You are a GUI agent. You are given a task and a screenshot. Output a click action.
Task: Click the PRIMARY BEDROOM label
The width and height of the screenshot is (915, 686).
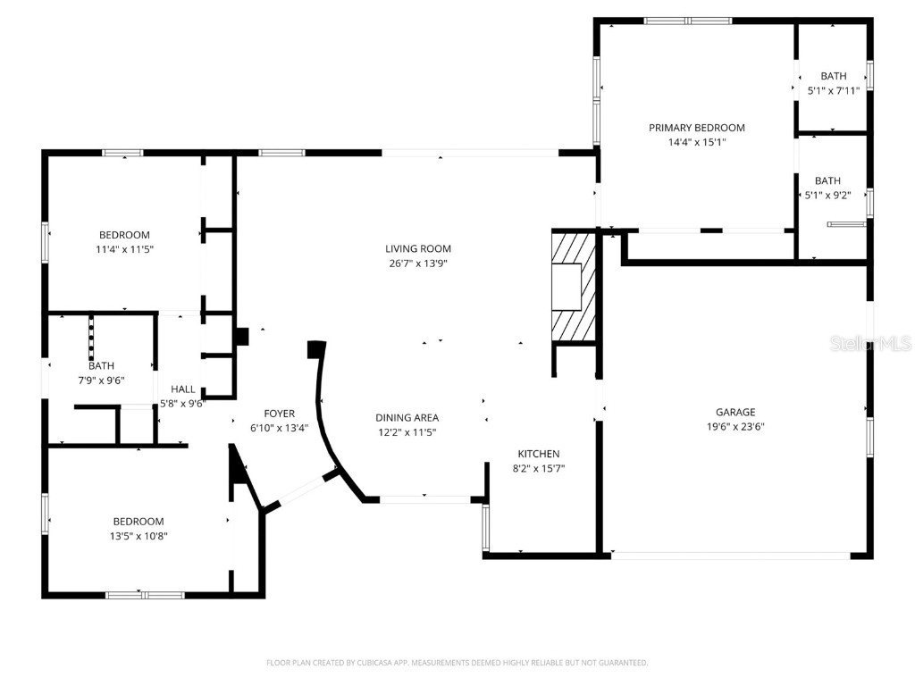[696, 128]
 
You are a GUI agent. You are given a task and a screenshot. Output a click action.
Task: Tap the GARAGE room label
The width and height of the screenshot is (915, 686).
[735, 412]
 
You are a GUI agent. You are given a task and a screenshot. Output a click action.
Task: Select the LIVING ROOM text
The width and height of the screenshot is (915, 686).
[418, 248]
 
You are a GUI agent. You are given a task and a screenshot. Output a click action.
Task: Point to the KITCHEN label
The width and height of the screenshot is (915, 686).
[539, 454]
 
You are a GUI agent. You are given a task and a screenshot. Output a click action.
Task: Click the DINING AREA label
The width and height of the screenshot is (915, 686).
[407, 417]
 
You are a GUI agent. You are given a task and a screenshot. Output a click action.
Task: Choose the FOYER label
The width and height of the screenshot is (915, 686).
[279, 413]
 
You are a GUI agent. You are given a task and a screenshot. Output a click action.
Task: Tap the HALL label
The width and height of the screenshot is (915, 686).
[183, 389]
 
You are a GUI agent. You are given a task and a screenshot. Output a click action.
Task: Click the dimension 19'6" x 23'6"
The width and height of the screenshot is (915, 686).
[735, 426]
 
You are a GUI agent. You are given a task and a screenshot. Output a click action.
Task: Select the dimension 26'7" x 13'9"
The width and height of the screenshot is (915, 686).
[418, 264]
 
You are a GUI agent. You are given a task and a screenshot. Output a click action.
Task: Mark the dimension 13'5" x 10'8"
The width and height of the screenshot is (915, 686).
[139, 536]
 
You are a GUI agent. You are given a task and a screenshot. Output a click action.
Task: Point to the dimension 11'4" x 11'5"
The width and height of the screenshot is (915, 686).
[124, 249]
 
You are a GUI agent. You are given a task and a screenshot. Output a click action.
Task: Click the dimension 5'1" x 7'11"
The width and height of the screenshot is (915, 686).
[833, 90]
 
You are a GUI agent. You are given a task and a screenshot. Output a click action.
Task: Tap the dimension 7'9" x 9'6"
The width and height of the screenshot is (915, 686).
[101, 380]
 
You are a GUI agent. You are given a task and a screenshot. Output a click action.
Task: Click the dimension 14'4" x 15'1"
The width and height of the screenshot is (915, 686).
[696, 142]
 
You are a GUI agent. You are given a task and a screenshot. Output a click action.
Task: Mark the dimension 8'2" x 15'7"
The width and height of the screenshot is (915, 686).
[539, 468]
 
